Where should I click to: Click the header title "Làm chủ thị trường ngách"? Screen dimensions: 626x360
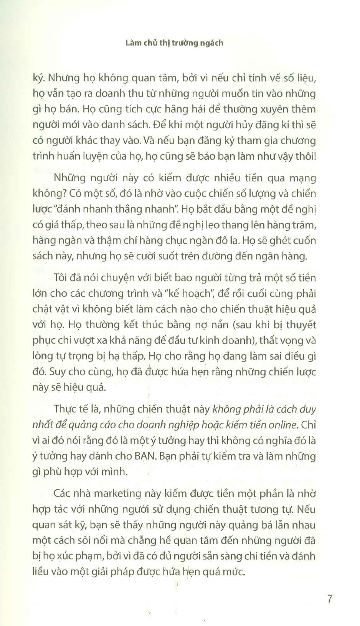tap(174, 43)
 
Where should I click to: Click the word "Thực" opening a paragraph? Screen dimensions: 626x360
tap(66, 409)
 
